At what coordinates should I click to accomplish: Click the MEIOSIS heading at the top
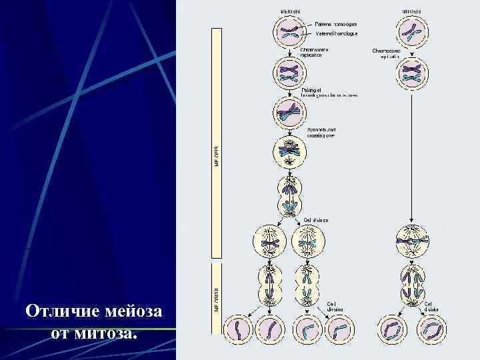(x=289, y=11)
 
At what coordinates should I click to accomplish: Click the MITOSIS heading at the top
(x=411, y=11)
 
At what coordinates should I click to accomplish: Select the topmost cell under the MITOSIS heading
(x=411, y=31)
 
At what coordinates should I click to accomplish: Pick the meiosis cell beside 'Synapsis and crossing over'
(x=289, y=151)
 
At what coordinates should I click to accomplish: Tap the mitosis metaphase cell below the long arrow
(x=411, y=243)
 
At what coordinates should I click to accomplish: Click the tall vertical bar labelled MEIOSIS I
(x=217, y=143)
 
